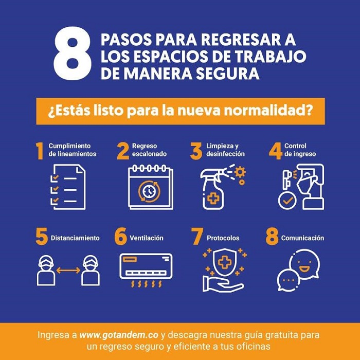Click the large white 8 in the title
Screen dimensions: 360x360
point(73,53)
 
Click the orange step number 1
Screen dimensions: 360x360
point(40,151)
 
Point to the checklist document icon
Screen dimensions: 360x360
point(68,187)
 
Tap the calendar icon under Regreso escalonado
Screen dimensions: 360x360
point(151,187)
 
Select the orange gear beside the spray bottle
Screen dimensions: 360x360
point(240,172)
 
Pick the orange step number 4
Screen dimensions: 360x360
point(276,151)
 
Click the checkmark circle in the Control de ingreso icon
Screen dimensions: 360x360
point(287,201)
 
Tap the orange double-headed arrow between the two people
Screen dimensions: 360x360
point(68,271)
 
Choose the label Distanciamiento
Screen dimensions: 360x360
point(75,238)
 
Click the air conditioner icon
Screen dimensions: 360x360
point(146,270)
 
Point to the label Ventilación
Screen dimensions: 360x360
point(147,238)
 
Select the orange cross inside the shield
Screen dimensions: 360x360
point(224,263)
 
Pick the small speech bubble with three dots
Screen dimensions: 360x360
point(288,280)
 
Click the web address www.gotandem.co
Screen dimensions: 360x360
point(119,335)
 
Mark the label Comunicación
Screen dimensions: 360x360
point(302,238)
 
